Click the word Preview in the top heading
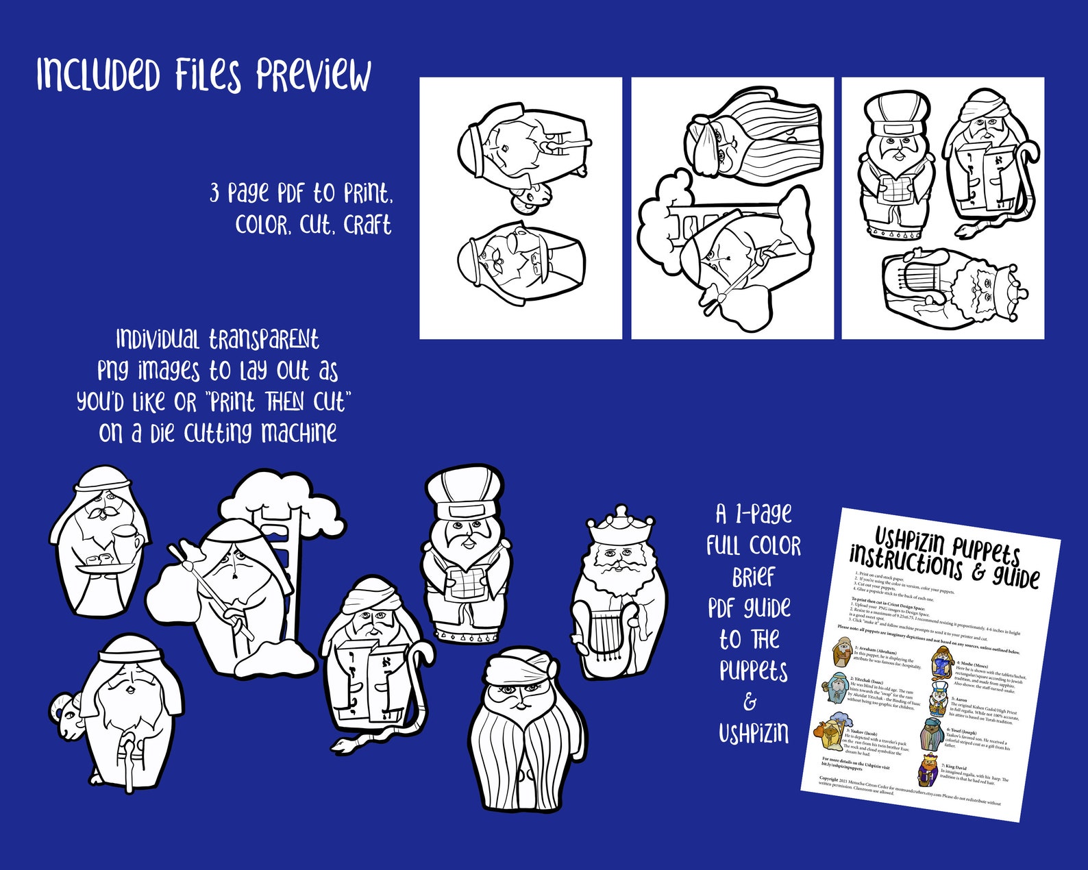tap(314, 75)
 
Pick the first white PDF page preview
tap(520, 208)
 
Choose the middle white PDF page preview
tap(732, 208)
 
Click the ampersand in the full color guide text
tap(751, 701)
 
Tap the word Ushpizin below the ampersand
tap(753, 734)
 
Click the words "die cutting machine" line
tap(218, 433)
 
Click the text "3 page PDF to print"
tap(301, 194)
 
